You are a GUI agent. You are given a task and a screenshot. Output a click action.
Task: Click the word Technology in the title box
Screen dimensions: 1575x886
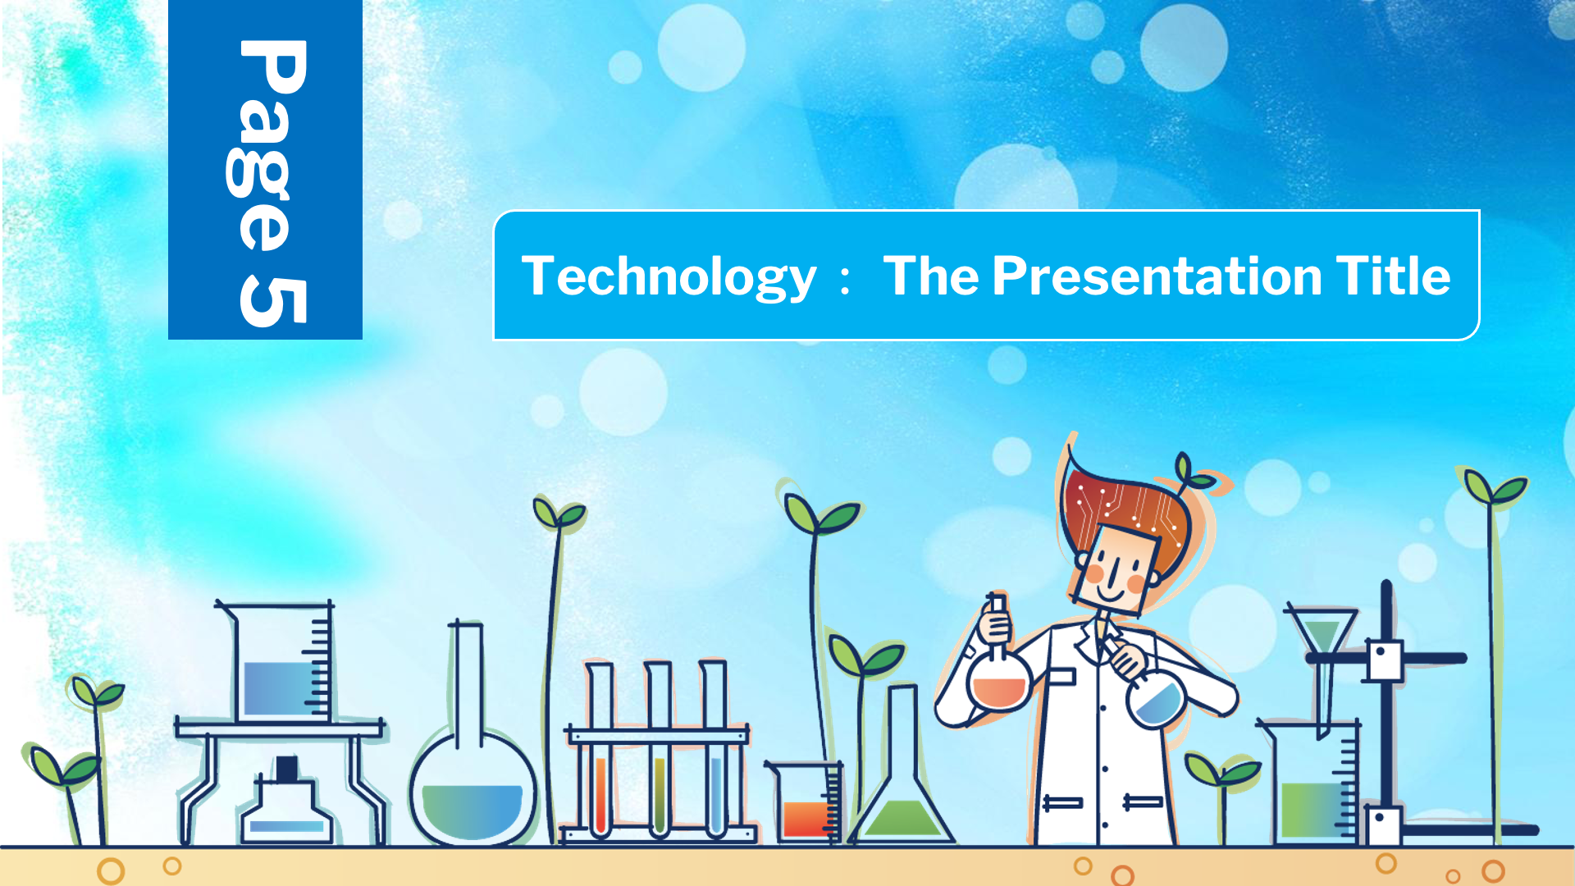coord(669,276)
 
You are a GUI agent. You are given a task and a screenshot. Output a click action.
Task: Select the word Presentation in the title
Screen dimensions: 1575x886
coord(1157,276)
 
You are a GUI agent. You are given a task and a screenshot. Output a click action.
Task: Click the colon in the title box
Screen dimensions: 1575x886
coord(846,277)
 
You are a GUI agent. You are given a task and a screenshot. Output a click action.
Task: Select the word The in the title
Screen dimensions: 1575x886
coord(931,276)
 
